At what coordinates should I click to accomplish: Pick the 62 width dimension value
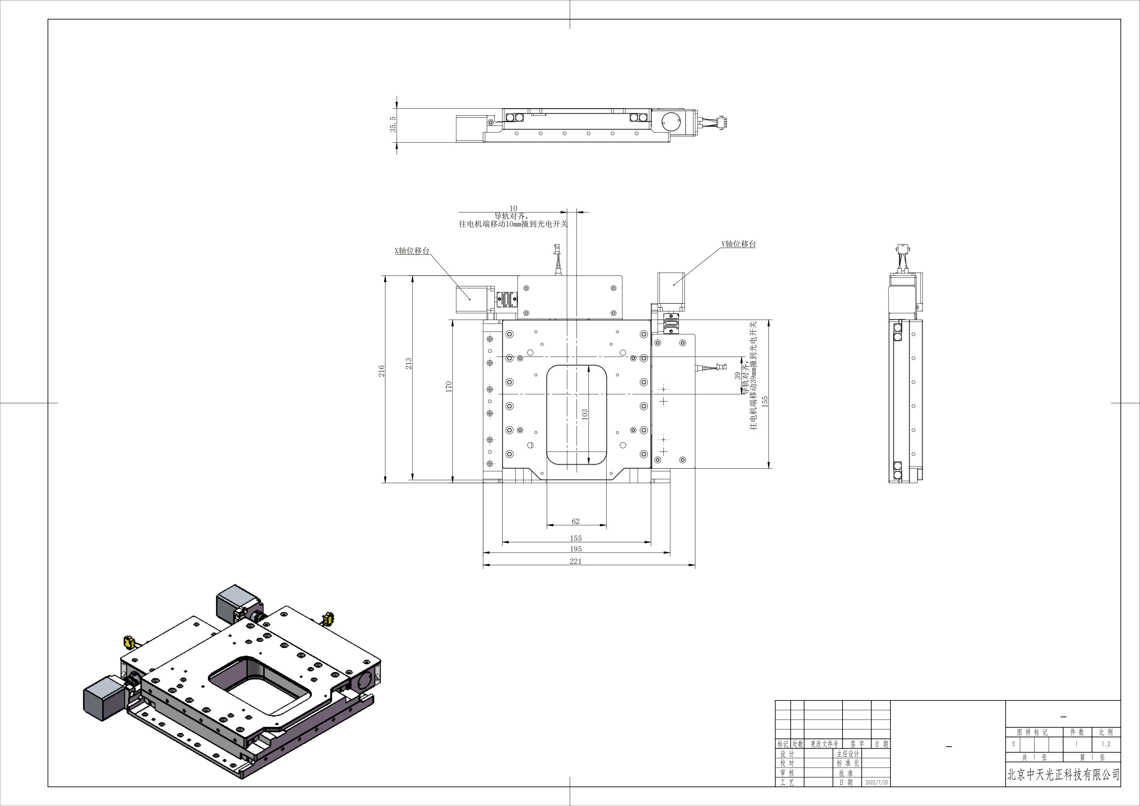pos(575,521)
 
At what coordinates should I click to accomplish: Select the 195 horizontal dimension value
pos(576,549)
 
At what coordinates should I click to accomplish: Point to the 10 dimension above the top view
pos(513,209)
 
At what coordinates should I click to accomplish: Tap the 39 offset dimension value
pos(737,376)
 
